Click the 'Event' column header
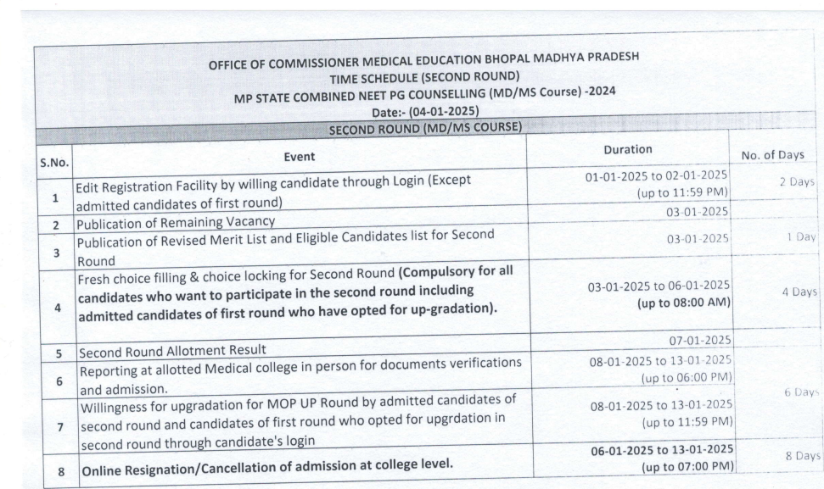300,156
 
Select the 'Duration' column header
627,149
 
